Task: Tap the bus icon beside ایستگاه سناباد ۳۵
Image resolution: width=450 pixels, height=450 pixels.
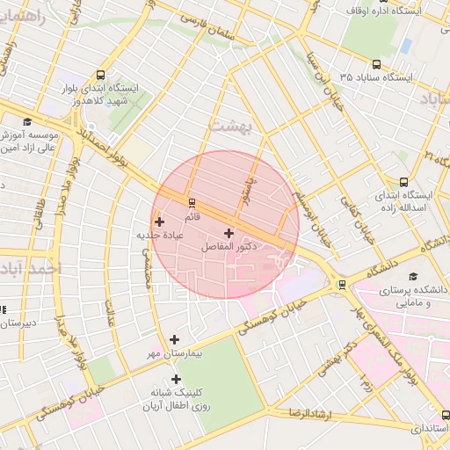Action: click(376, 64)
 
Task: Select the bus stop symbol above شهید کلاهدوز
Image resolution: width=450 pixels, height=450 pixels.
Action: click(101, 76)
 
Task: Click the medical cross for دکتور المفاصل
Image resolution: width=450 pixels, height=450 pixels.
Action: click(229, 234)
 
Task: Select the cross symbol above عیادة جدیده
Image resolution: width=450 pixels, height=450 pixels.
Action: click(159, 222)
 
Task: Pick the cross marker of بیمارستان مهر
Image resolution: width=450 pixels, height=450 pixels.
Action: click(174, 339)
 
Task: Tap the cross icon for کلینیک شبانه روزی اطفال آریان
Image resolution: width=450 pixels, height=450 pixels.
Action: click(176, 380)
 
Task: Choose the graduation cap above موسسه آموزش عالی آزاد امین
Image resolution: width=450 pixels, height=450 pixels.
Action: click(27, 121)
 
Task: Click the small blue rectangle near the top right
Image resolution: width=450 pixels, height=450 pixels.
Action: click(405, 45)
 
